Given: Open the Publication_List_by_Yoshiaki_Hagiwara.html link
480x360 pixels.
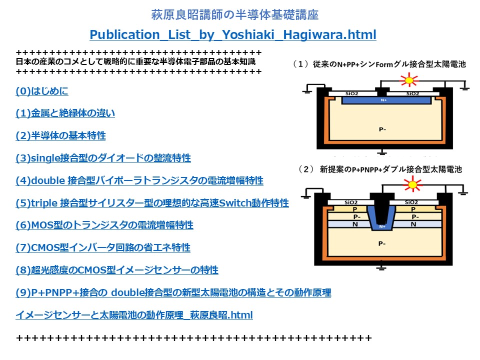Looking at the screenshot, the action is tap(232, 35).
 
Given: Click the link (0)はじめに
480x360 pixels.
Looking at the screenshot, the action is tap(42, 91).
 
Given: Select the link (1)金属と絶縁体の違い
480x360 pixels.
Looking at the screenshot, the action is tap(65, 113).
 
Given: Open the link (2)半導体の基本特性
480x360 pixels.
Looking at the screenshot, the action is tap(60, 135).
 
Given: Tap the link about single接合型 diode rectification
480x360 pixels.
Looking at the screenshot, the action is tap(103, 158).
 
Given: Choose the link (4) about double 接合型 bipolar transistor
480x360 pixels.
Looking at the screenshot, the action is tap(139, 180).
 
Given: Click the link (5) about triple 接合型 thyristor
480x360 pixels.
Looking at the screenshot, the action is tap(152, 203).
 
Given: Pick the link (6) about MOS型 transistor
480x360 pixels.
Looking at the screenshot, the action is tap(104, 225).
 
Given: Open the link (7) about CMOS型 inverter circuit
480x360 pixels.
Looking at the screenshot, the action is tap(103, 247).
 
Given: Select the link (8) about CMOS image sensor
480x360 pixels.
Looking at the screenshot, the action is tap(117, 270).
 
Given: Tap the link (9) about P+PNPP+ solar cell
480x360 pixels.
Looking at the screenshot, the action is tap(173, 292).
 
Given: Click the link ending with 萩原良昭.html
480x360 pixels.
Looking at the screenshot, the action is tap(134, 315).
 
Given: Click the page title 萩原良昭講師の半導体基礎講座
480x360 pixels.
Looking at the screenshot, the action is tap(235, 14).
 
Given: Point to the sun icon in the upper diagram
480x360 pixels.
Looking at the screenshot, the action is tap(409, 80).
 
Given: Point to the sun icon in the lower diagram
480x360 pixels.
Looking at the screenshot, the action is tap(412, 184).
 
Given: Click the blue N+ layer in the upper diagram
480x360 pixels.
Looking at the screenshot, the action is tap(386, 100).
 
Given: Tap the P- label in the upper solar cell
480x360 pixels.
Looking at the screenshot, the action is tap(382, 129).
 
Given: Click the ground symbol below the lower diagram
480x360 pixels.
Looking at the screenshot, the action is tap(381, 268).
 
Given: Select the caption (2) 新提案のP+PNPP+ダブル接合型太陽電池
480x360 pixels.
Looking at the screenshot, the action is tap(380, 169).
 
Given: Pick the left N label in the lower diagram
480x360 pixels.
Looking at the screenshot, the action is tap(355, 224).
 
